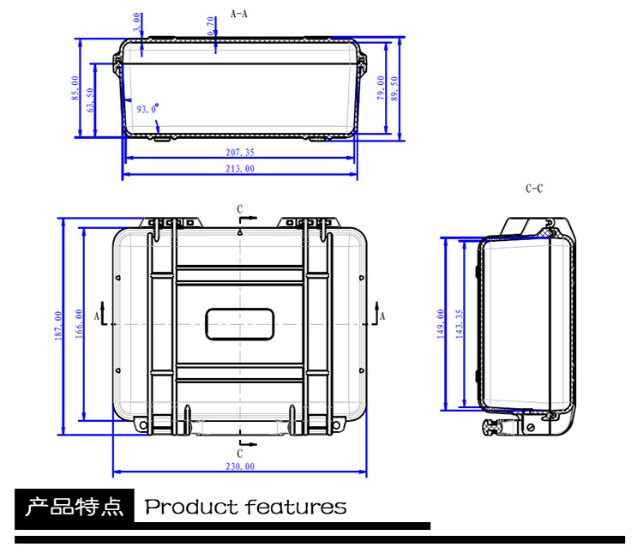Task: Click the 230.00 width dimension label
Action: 240,466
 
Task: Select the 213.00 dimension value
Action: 240,169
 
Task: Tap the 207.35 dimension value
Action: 240,153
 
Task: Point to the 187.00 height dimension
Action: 58,326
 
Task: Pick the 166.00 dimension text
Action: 79,324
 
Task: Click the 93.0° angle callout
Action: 147,109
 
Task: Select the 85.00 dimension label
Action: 75,88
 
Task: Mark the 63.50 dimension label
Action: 90,99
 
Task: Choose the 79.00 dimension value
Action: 381,87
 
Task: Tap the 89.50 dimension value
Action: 394,88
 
